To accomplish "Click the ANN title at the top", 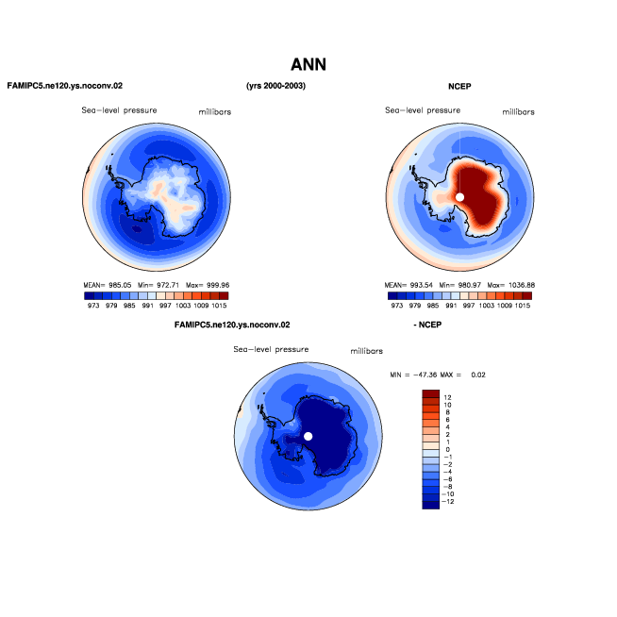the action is click(x=308, y=64).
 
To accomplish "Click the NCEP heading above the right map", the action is click(x=459, y=86).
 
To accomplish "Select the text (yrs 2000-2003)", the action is click(x=275, y=86).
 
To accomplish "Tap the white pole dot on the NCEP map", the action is click(x=459, y=197).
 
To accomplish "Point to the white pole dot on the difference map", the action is click(x=308, y=436).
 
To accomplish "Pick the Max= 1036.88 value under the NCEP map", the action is click(x=510, y=285).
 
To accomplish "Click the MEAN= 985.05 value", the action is click(x=107, y=285).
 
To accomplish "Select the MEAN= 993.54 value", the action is click(x=409, y=285).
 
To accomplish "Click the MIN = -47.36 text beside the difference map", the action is click(x=413, y=375).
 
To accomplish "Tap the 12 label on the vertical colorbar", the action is click(x=447, y=397).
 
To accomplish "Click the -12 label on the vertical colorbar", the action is click(x=447, y=501).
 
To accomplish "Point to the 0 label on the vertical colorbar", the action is click(x=448, y=449).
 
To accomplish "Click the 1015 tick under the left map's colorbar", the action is click(x=219, y=306).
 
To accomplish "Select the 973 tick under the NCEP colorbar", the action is click(x=397, y=306).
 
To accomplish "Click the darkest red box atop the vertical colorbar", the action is click(x=430, y=393).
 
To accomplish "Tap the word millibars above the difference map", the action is click(x=366, y=351).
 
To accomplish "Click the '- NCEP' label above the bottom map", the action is click(x=427, y=325).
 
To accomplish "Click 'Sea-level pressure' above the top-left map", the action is click(x=119, y=110).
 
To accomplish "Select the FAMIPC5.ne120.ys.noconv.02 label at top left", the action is click(x=65, y=86).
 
